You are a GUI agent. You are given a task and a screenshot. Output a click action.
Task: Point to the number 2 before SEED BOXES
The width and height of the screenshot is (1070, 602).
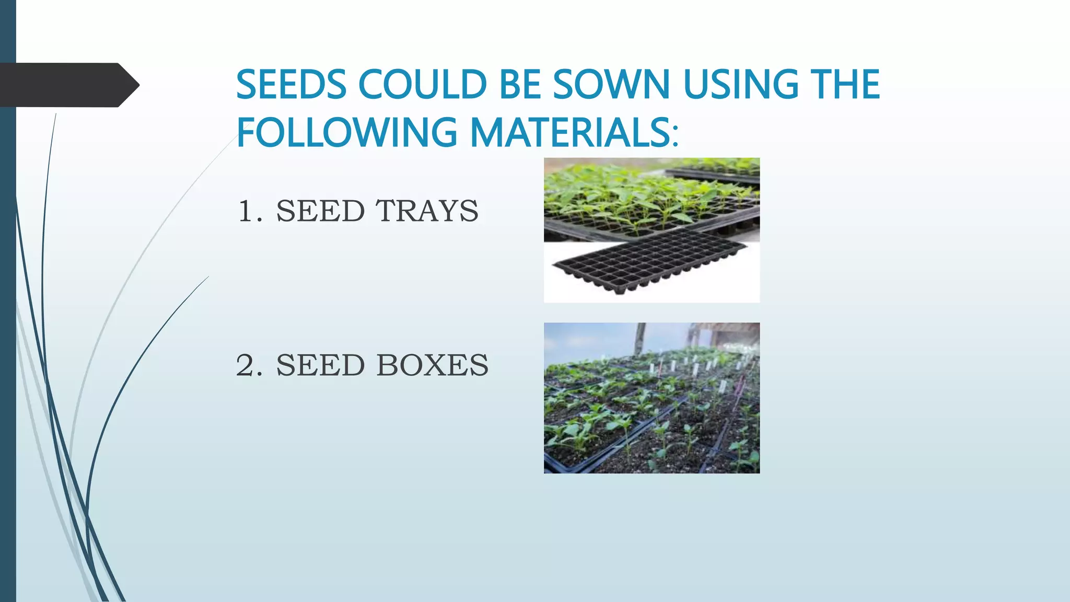pyautogui.click(x=248, y=365)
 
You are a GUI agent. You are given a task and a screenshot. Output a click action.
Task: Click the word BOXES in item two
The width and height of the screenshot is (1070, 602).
pyautogui.click(x=432, y=365)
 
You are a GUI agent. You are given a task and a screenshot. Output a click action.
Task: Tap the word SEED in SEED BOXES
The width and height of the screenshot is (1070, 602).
pyautogui.click(x=320, y=365)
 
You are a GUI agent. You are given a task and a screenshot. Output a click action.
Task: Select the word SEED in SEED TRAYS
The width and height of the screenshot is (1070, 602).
pyautogui.click(x=320, y=211)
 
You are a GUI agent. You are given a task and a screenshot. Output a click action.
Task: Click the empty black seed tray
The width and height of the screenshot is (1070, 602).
pyautogui.click(x=651, y=261)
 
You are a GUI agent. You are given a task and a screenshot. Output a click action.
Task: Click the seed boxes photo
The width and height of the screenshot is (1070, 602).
pyautogui.click(x=652, y=398)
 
